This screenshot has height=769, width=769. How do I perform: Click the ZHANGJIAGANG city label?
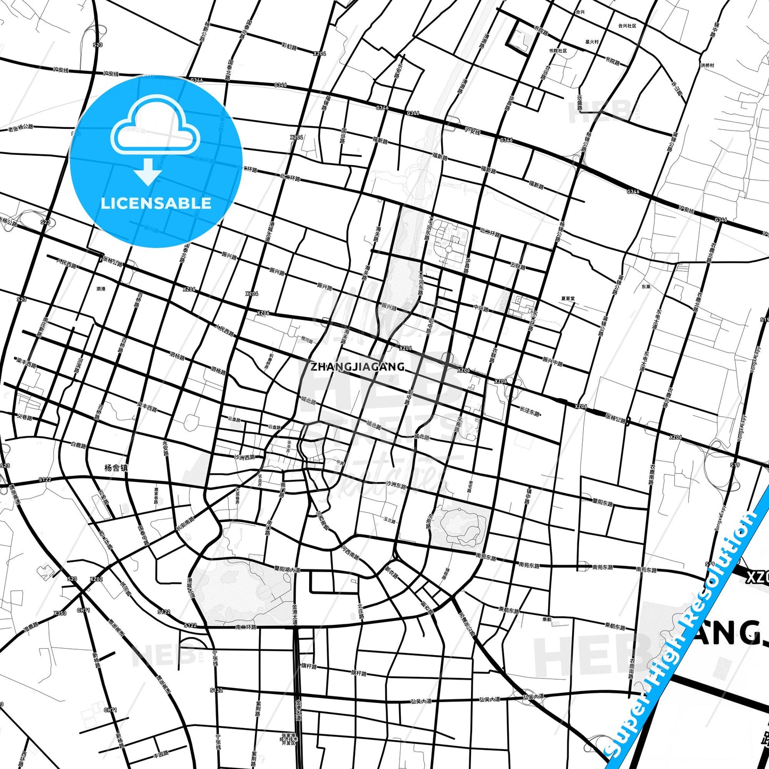(x=358, y=367)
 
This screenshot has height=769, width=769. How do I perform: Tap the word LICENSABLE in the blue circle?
(x=156, y=203)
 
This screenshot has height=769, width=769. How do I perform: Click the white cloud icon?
(x=155, y=128)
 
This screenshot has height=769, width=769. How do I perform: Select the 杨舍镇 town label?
(x=116, y=468)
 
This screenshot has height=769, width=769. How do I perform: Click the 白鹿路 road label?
(x=78, y=445)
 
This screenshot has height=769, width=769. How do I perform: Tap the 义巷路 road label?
(x=24, y=417)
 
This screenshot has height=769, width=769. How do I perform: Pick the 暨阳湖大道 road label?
(x=287, y=569)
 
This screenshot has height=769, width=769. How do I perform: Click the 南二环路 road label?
(x=246, y=627)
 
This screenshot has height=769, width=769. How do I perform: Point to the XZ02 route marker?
(x=96, y=579)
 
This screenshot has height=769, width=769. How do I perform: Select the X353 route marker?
(x=60, y=613)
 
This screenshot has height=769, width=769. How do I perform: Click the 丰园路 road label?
(x=161, y=754)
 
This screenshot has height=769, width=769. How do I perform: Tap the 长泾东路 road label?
(x=530, y=411)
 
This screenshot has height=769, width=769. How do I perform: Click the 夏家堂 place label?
(x=568, y=299)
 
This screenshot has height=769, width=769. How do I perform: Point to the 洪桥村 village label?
(x=707, y=65)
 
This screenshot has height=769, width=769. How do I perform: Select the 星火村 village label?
(x=592, y=42)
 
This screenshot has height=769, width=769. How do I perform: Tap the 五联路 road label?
(x=518, y=266)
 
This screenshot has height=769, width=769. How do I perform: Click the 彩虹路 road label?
(x=289, y=47)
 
